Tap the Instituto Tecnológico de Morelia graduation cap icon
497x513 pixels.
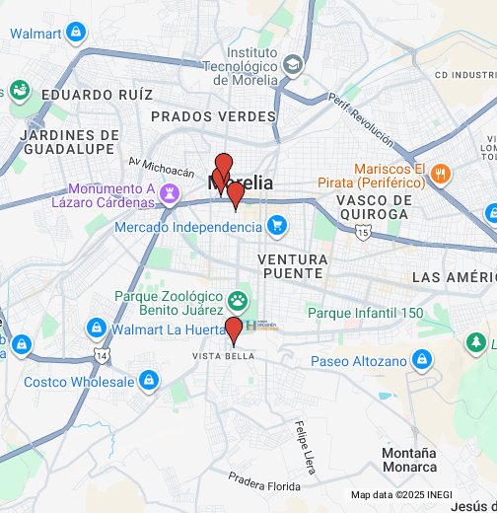point(293,65)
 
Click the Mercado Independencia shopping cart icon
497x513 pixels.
point(277,226)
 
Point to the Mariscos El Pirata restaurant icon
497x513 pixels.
point(440,175)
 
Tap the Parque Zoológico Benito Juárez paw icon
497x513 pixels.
point(238,300)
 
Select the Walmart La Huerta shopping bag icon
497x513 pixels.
point(96,327)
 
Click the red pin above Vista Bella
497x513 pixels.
point(234,330)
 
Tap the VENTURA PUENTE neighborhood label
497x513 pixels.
point(291,264)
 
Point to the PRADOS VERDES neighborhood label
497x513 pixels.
point(212,116)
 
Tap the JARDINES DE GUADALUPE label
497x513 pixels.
point(69,142)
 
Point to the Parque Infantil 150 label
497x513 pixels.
point(365,313)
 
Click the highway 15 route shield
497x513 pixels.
point(364,232)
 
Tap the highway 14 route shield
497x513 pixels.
point(102,352)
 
